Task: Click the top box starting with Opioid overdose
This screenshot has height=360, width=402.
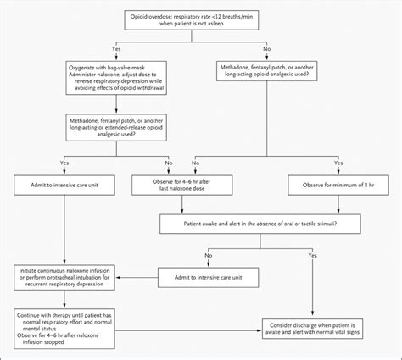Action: tap(201, 24)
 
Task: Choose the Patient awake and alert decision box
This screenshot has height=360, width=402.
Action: tap(260, 224)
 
